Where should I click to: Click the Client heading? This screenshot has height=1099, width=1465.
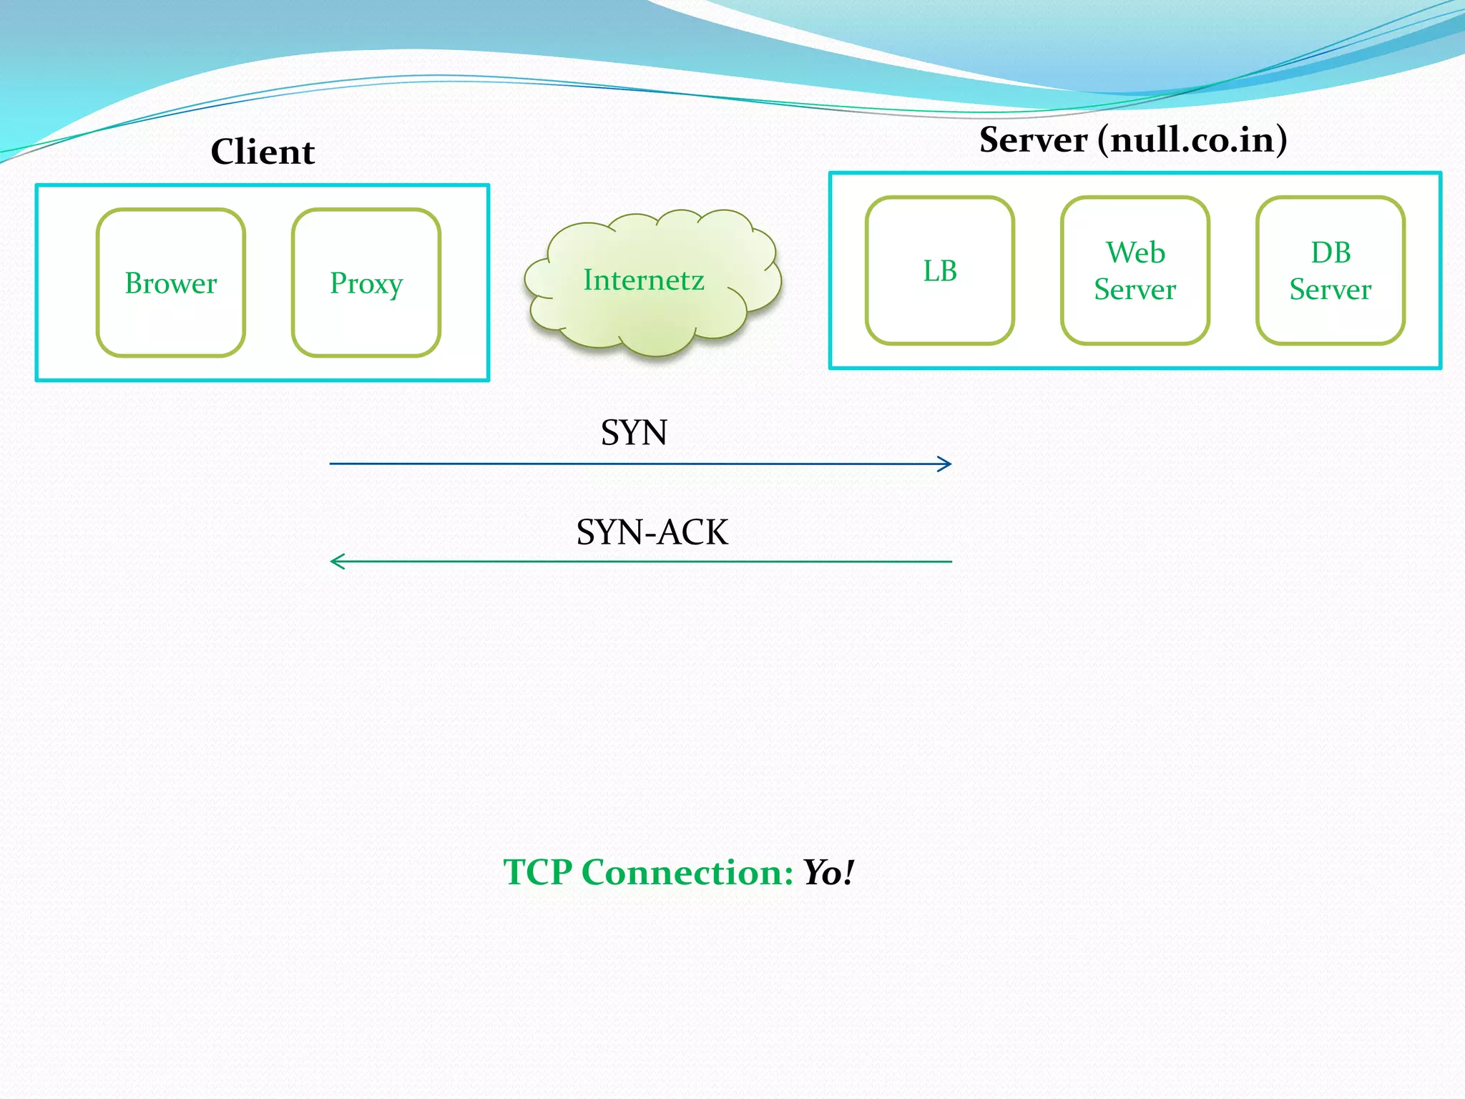tap(263, 152)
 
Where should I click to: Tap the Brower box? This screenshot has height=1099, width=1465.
tap(171, 283)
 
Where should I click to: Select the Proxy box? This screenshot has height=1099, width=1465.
tap(366, 283)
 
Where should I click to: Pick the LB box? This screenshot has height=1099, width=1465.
tap(940, 270)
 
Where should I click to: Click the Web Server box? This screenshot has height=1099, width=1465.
tap(1135, 270)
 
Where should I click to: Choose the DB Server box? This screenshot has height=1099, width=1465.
tap(1331, 270)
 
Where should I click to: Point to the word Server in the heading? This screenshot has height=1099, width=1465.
tap(1033, 140)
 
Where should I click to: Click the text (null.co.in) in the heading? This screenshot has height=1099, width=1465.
tap(1192, 140)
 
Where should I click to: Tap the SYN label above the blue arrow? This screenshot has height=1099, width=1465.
tap(634, 432)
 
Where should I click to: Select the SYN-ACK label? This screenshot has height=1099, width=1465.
tap(652, 532)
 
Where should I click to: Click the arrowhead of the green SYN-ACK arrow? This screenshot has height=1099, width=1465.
tap(335, 562)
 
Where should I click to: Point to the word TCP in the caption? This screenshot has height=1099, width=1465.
tap(537, 872)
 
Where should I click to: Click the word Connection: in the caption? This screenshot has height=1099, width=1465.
tap(687, 872)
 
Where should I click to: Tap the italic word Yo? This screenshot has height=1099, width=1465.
tap(828, 872)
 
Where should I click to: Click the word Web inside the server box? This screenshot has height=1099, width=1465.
tap(1135, 253)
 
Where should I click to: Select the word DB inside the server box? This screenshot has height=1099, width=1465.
tap(1331, 253)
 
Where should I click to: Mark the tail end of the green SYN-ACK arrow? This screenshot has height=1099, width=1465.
tap(949, 562)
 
